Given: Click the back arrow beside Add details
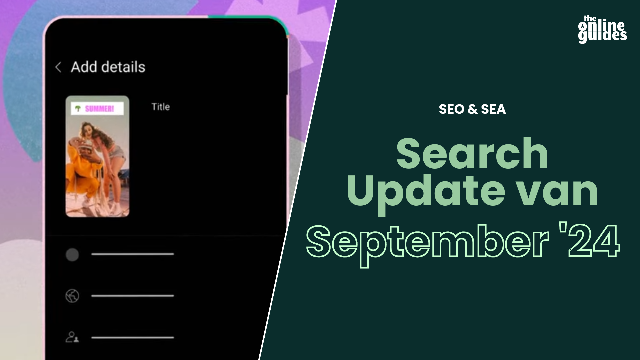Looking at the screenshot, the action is (58, 67).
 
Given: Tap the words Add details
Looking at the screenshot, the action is (108, 67).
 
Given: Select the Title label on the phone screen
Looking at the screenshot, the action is (161, 107).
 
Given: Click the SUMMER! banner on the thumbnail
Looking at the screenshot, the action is (97, 108).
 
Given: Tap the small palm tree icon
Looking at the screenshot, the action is (78, 109).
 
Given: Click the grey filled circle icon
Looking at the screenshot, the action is (72, 255).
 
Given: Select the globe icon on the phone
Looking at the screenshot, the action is (72, 296).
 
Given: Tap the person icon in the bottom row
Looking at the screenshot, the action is (72, 337).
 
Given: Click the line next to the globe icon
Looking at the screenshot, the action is (133, 296).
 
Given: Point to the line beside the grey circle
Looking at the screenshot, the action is (133, 254).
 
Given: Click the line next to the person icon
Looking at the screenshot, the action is (133, 337).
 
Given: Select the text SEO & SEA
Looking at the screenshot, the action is (472, 109).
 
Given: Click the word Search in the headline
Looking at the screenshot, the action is (472, 154).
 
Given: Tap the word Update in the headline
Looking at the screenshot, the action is (426, 192).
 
